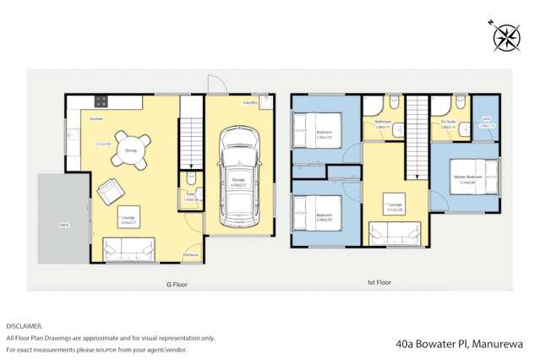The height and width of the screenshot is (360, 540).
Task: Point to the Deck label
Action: pyautogui.click(x=64, y=225)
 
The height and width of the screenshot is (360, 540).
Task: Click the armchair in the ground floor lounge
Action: pyautogui.click(x=109, y=194)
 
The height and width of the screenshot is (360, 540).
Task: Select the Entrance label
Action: pyautogui.click(x=190, y=254)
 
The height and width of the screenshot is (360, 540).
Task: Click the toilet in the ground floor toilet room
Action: pyautogui.click(x=190, y=179)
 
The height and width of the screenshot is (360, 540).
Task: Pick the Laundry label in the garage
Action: pyautogui.click(x=249, y=103)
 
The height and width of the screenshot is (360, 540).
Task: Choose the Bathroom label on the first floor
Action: pyautogui.click(x=383, y=122)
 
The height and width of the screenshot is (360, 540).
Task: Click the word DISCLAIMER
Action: pyautogui.click(x=24, y=325)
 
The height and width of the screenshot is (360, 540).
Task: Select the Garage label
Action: pyautogui.click(x=237, y=179)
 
